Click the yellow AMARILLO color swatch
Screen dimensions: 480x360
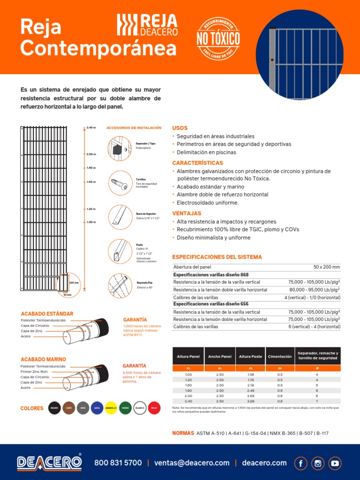pyautogui.click(x=111, y=408)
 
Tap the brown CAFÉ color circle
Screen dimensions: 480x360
pyautogui.click(x=69, y=408)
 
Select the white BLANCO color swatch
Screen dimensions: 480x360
pyautogui.click(x=140, y=408)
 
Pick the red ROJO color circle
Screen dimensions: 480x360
pyautogui.click(x=154, y=408)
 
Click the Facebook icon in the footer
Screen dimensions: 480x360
pyautogui.click(x=301, y=463)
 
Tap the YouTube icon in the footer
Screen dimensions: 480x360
pyautogui.click(x=335, y=463)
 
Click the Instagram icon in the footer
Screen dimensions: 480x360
pyautogui.click(x=318, y=463)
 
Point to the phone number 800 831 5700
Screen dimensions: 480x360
pyautogui.click(x=118, y=463)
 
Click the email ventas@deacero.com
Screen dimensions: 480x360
pyautogui.click(x=192, y=463)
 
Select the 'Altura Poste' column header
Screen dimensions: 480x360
pyautogui.click(x=250, y=357)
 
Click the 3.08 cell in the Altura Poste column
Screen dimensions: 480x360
pyautogui.click(x=250, y=401)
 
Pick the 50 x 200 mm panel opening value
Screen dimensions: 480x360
pyautogui.click(x=326, y=267)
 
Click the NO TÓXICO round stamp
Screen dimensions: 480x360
pyautogui.click(x=218, y=38)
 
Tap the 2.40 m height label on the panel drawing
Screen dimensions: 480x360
pyautogui.click(x=91, y=127)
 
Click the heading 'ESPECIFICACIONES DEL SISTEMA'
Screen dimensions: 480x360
pyautogui.click(x=217, y=257)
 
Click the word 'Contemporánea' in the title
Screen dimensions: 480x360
pyautogui.click(x=98, y=48)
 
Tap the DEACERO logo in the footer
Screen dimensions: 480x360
pyautogui.click(x=49, y=462)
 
